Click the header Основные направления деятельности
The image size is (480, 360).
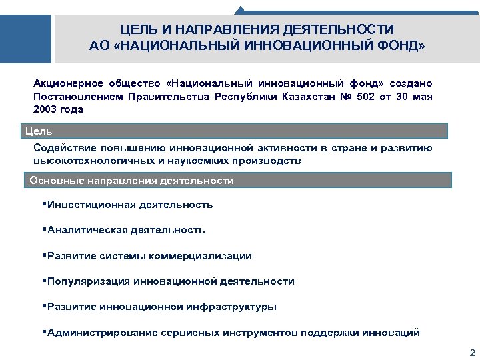(132, 181)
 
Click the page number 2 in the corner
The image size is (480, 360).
(472, 353)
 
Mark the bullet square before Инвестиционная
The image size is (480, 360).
(44, 204)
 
